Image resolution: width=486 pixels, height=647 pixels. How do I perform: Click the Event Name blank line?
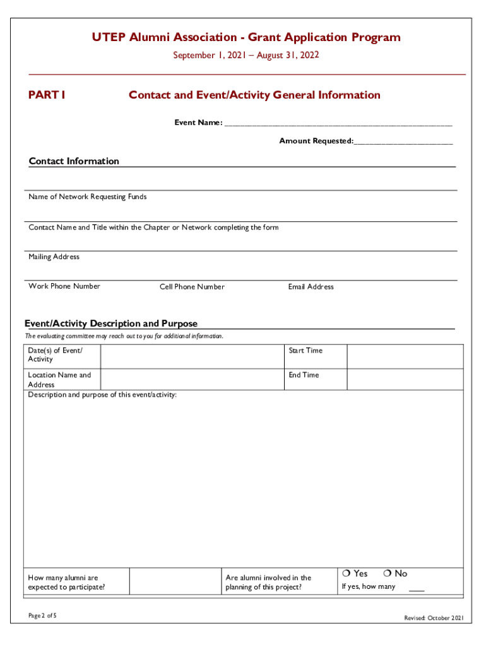pos(338,124)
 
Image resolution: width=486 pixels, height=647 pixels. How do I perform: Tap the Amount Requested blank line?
pos(403,142)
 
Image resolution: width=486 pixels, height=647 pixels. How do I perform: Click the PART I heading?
pos(47,95)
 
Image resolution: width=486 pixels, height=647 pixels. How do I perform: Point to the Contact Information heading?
pos(74,161)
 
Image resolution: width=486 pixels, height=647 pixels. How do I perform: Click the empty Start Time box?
pos(405,356)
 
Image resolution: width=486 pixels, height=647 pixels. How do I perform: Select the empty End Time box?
pos(405,379)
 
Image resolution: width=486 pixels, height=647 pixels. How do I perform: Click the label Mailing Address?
pos(54,257)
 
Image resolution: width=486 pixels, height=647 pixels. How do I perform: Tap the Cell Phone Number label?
pos(192,287)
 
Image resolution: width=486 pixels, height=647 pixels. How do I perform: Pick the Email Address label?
pos(311,287)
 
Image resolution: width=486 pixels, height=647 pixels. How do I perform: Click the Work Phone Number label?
pos(64,286)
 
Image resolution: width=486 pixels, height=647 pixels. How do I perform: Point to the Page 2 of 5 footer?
pos(42,616)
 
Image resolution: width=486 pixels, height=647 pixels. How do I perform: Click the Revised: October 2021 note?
pos(434,618)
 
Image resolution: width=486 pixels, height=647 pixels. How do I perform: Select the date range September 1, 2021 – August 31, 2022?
pos(246,56)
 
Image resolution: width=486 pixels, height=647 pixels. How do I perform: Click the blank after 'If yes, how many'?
pos(417,589)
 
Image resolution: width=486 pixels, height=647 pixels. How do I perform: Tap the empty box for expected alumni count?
pos(175,581)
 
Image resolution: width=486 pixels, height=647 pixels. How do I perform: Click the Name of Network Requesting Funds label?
pos(87,197)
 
